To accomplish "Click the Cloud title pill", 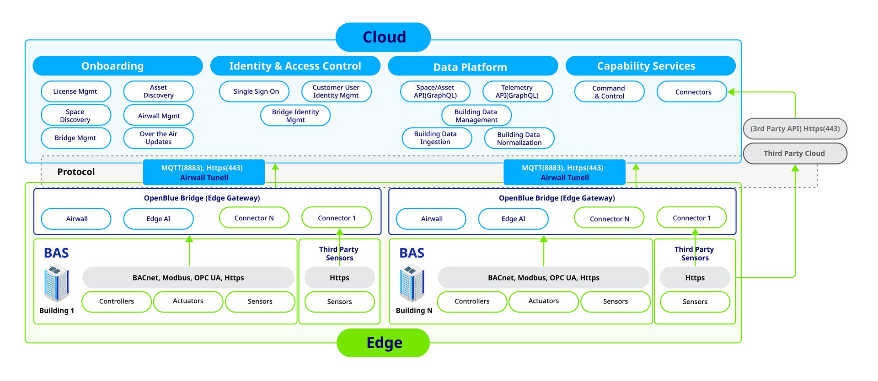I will [x=383, y=37].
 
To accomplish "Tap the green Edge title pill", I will [x=383, y=343].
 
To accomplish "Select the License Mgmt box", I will [x=75, y=91].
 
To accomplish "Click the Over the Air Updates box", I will [x=158, y=138].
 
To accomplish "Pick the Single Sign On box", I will [x=254, y=91].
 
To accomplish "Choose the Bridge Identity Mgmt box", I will [x=295, y=116].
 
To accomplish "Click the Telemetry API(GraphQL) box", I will [x=517, y=91].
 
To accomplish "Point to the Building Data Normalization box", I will [x=519, y=138].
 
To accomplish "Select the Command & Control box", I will [x=609, y=92].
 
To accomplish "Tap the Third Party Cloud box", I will [x=795, y=153].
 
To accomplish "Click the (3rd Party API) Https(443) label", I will [x=795, y=129].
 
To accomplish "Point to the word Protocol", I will [x=76, y=172].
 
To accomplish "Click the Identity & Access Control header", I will [x=295, y=66].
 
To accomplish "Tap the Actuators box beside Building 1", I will [x=188, y=302].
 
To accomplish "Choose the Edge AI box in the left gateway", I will [x=158, y=219].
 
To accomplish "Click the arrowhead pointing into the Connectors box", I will [x=731, y=92].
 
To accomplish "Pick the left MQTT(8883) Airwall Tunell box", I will [x=204, y=172].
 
